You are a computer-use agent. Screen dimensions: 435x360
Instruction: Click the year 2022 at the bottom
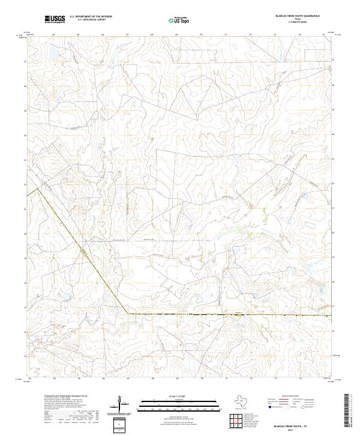pos(297,430)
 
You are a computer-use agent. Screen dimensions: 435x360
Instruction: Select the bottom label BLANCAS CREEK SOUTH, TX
pos(297,425)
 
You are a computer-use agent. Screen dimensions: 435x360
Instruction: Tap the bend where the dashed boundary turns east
pos(127,313)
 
